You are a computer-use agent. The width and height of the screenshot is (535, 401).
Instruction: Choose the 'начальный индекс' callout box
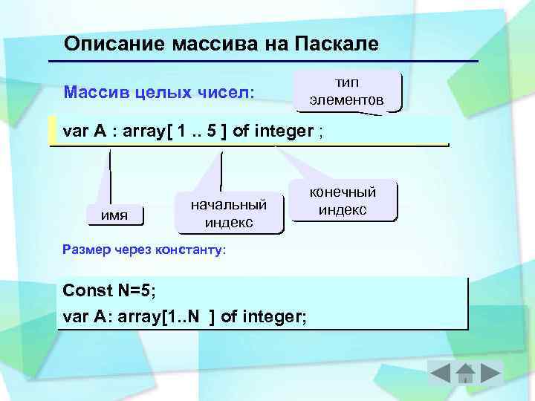229,212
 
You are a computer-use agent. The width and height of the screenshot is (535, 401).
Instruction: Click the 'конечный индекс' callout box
343,201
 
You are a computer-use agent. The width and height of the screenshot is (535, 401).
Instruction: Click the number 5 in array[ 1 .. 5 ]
212,132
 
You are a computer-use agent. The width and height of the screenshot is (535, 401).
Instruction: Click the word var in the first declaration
76,132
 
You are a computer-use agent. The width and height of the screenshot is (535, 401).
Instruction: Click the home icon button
465,373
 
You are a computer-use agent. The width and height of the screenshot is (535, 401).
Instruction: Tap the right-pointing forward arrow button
491,373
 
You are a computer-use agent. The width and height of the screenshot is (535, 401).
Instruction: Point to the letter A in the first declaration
100,132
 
